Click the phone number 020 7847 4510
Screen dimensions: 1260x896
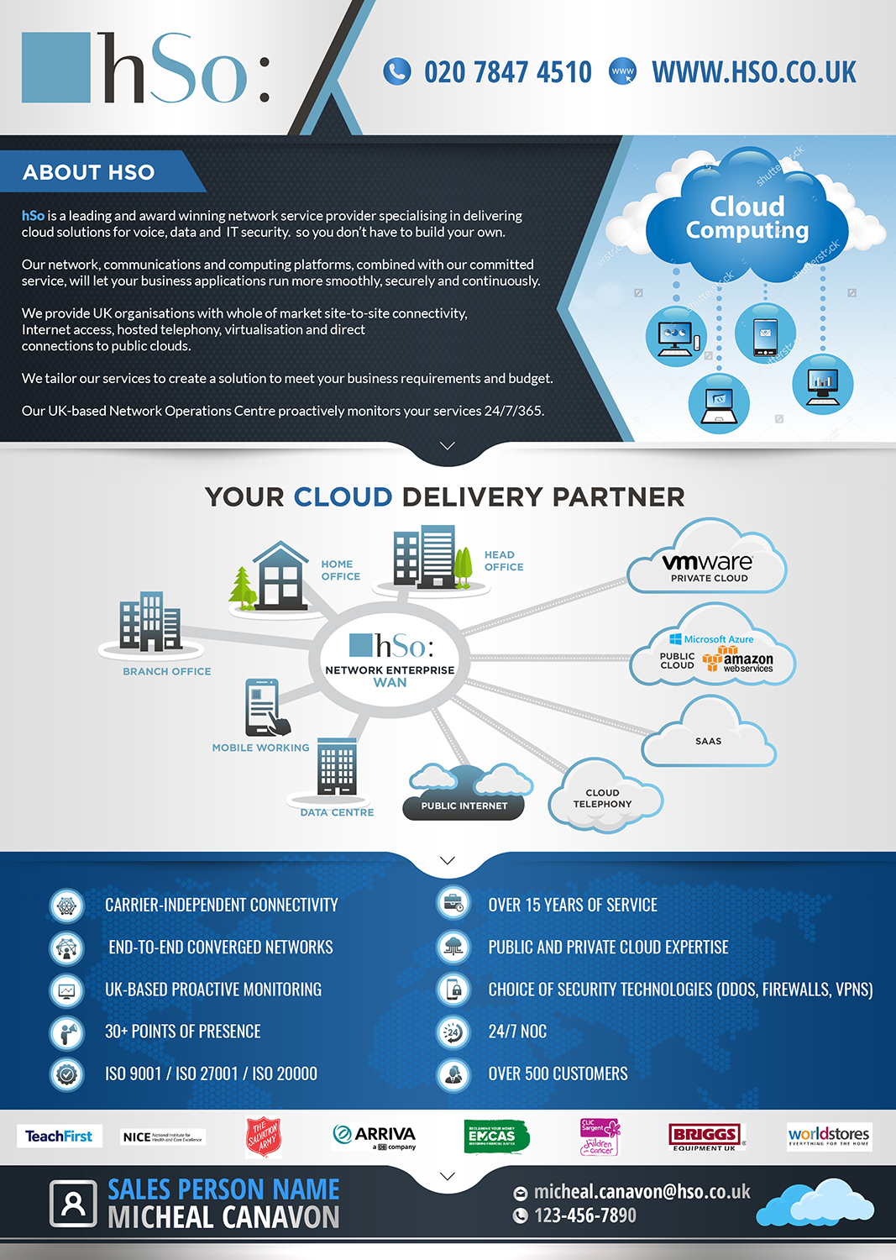point(507,72)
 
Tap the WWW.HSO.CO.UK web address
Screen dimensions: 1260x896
point(753,72)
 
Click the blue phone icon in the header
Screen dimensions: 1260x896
point(396,71)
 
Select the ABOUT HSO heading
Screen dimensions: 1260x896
point(89,172)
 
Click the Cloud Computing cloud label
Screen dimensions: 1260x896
point(747,218)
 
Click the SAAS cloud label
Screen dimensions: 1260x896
point(708,741)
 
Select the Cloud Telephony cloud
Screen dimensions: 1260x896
point(602,798)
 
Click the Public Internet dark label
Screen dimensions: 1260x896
point(464,806)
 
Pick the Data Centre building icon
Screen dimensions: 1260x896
point(337,766)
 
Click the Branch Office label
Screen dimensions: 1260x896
point(167,671)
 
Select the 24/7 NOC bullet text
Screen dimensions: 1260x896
point(517,1032)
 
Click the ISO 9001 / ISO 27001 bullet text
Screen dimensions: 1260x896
point(211,1074)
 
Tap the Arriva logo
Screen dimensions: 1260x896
point(375,1137)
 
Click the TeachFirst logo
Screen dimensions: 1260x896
point(59,1137)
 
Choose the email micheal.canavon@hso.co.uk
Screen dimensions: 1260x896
point(642,1192)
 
